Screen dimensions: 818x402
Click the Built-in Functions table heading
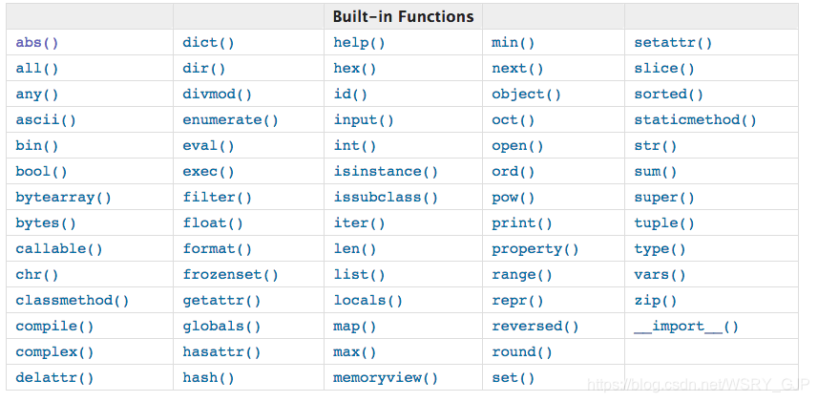tap(403, 16)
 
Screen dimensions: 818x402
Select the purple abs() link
tap(37, 43)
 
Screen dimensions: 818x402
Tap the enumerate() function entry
tap(231, 120)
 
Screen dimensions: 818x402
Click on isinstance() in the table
tap(386, 172)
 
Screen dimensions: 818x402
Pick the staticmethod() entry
tap(696, 120)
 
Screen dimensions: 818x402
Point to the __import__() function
tap(686, 327)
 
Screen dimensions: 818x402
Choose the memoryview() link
tap(386, 378)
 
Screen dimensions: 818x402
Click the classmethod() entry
tap(72, 301)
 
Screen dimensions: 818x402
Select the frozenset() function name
tap(231, 275)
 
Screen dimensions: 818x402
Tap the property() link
tap(535, 249)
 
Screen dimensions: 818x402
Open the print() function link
tap(522, 223)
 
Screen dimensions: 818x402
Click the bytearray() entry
tap(64, 198)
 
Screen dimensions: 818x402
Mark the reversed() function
tap(535, 327)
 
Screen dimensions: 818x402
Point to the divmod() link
tap(217, 95)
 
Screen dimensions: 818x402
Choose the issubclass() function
tap(386, 198)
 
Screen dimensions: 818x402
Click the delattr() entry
tap(54, 378)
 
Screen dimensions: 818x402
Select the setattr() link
tap(673, 43)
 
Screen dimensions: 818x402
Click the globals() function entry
tap(221, 327)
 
